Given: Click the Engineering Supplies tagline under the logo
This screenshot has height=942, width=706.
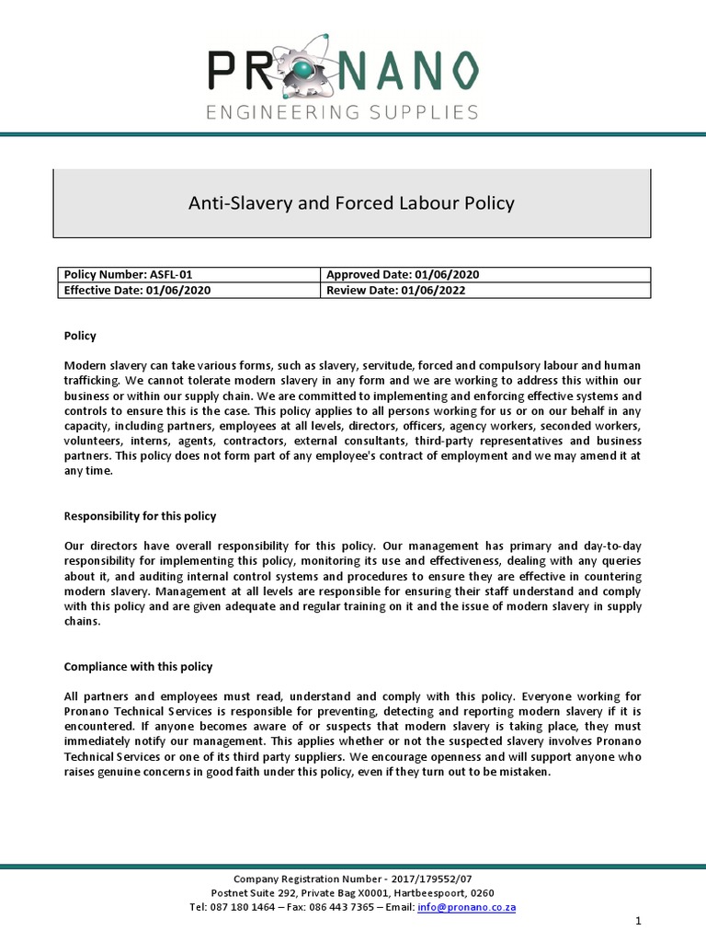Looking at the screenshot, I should click(342, 112).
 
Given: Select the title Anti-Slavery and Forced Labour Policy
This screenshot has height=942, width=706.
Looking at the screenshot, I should click(352, 202).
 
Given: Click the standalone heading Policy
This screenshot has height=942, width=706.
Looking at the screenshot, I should click(80, 336).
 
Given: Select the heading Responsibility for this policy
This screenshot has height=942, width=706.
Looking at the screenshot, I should click(140, 515).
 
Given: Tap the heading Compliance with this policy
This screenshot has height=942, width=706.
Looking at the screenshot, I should click(138, 666).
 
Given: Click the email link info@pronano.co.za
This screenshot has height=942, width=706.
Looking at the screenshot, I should click(466, 906).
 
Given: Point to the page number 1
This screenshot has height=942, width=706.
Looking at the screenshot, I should click(637, 921).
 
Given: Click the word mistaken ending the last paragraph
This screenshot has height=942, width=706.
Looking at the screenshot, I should click(523, 771).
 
